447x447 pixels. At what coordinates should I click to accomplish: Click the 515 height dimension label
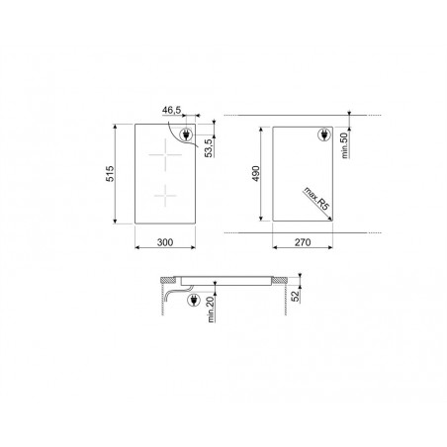110,174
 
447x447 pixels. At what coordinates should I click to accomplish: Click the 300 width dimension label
165,242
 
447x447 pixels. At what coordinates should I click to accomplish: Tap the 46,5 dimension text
171,111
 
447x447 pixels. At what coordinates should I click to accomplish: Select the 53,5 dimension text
209,148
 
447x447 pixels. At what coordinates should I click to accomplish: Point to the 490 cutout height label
256,174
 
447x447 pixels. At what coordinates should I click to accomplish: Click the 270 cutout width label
303,242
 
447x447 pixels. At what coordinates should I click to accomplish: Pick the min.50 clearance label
344,145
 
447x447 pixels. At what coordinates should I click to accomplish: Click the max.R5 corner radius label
316,199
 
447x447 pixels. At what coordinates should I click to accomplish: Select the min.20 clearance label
211,310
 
